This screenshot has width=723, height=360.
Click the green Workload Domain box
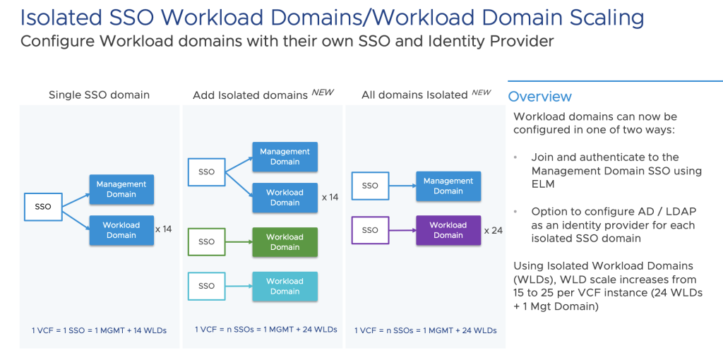(x=285, y=242)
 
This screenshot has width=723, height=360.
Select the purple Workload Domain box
(x=448, y=230)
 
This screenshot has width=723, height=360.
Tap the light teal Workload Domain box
(x=285, y=286)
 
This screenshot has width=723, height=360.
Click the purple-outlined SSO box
(x=370, y=230)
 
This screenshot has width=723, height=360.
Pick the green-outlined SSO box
(x=206, y=242)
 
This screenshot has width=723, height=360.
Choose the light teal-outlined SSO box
(x=206, y=286)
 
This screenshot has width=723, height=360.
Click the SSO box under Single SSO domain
(x=43, y=207)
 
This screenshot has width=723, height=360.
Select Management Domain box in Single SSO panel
(x=121, y=189)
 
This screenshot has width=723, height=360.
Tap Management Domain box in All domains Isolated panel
(x=448, y=186)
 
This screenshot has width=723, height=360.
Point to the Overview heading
(x=540, y=97)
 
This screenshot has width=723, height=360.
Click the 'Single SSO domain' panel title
(x=99, y=95)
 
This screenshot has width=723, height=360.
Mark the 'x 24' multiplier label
(x=493, y=230)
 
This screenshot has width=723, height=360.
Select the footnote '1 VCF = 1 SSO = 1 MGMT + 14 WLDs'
(x=99, y=330)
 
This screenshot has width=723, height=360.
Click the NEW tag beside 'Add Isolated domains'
(x=323, y=92)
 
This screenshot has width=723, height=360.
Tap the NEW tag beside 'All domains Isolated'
(x=481, y=92)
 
